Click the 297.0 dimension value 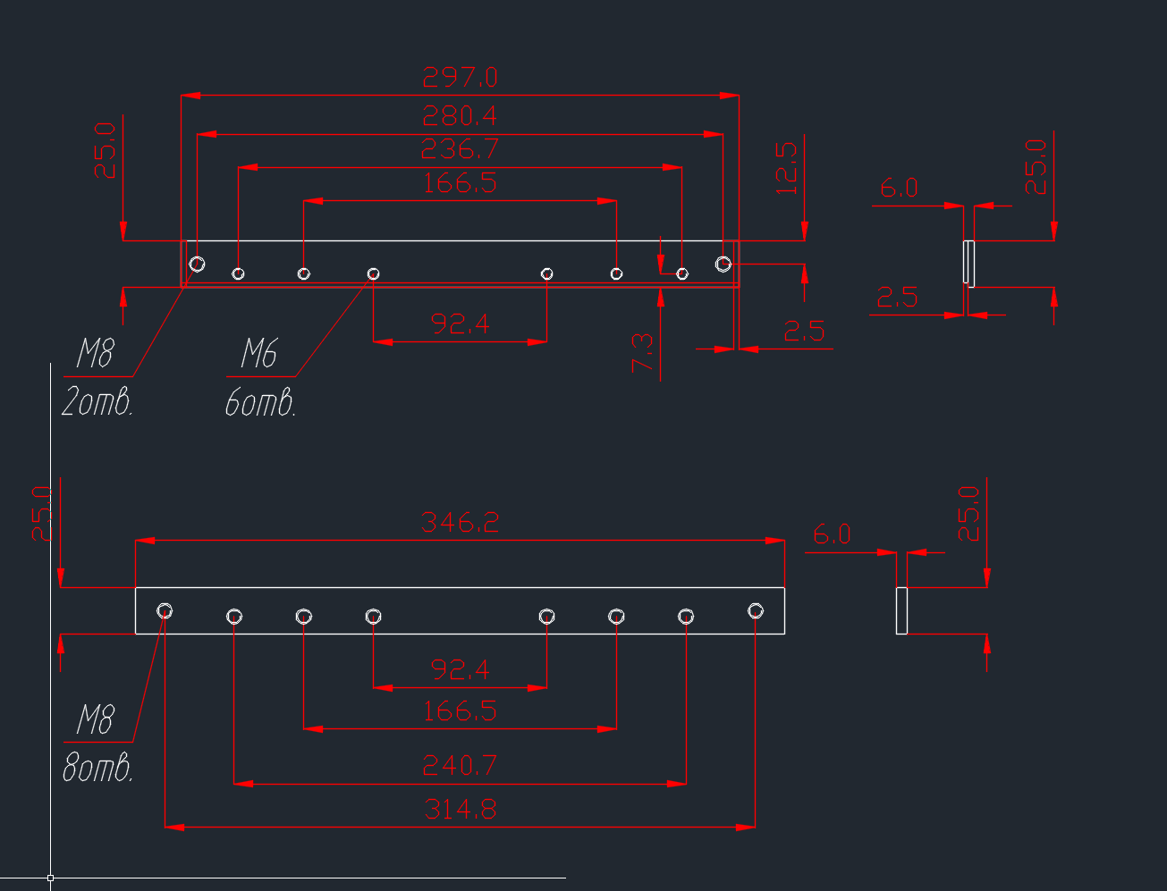click(x=460, y=78)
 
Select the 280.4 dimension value click(x=460, y=116)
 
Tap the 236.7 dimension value click(x=460, y=148)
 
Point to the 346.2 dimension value click(x=460, y=523)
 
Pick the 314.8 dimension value click(x=460, y=810)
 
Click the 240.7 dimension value click(x=460, y=766)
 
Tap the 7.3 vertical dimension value click(x=643, y=353)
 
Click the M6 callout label click(x=258, y=355)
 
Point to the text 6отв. click(x=260, y=405)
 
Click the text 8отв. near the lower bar click(x=97, y=769)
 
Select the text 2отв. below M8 click(x=97, y=404)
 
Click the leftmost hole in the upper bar click(x=197, y=264)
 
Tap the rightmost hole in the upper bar click(x=723, y=264)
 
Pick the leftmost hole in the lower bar click(x=165, y=611)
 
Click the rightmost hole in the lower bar click(x=756, y=611)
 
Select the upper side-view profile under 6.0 click(x=968, y=263)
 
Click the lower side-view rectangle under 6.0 click(x=901, y=611)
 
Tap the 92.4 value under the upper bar click(x=460, y=324)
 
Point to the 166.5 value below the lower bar click(x=460, y=711)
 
